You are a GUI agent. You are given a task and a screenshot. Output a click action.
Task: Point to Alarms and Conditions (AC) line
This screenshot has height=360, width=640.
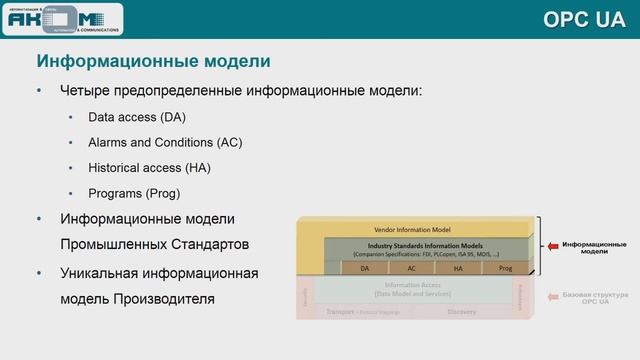coord(165,142)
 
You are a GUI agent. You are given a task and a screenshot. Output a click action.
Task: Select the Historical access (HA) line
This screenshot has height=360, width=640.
coord(149,167)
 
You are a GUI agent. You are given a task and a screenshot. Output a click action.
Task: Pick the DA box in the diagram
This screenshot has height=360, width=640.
coord(364,268)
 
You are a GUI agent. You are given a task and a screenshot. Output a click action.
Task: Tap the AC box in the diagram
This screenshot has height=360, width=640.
coord(411,268)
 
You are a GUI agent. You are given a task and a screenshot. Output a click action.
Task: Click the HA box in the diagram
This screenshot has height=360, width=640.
coord(458,268)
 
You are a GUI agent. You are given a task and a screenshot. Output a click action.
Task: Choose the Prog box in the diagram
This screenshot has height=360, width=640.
coord(505,268)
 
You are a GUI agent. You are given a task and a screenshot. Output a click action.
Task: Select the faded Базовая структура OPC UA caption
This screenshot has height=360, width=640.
coord(594,299)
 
